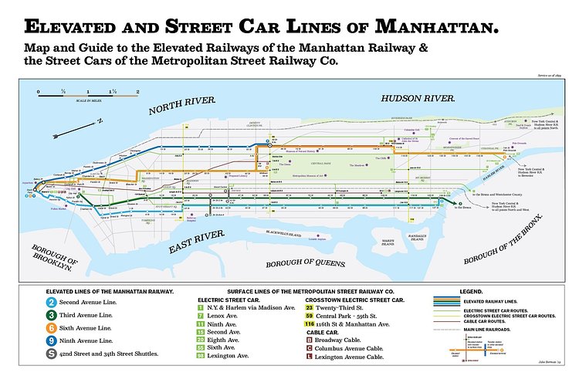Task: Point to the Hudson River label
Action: click(x=417, y=99)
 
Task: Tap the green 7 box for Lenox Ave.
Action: click(x=201, y=317)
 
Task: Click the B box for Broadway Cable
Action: click(x=310, y=340)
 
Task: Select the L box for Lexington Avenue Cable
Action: click(x=310, y=357)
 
